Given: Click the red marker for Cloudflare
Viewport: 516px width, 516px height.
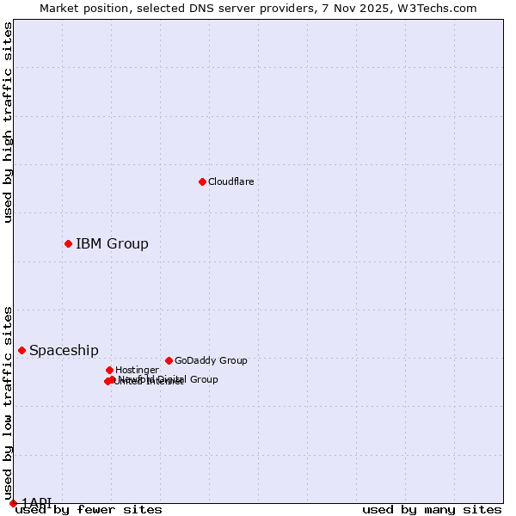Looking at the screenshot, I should (202, 181).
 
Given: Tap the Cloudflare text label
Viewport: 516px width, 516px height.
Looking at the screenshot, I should (230, 181).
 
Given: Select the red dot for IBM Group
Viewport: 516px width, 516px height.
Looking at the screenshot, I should (68, 243).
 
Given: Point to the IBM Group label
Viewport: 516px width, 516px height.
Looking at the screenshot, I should (112, 243).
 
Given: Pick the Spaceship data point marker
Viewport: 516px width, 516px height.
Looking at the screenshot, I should (21, 350).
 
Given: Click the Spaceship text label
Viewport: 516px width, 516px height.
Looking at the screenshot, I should (64, 350).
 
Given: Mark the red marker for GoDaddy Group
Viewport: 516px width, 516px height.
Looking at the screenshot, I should (169, 360).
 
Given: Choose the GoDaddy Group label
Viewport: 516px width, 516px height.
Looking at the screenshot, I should (211, 360).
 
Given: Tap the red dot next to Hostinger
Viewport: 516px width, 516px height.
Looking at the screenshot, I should (109, 370).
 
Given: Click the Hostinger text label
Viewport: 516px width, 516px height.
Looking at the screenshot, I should (137, 370).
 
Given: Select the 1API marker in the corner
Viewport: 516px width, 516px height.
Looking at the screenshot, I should (13, 503).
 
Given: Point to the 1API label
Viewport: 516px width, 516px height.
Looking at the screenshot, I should (36, 502).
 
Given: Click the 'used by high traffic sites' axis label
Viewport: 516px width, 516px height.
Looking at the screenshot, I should (8, 122).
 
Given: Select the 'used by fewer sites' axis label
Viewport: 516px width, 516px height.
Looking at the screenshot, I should (89, 510).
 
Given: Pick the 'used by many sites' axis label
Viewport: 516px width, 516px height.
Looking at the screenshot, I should (432, 510).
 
